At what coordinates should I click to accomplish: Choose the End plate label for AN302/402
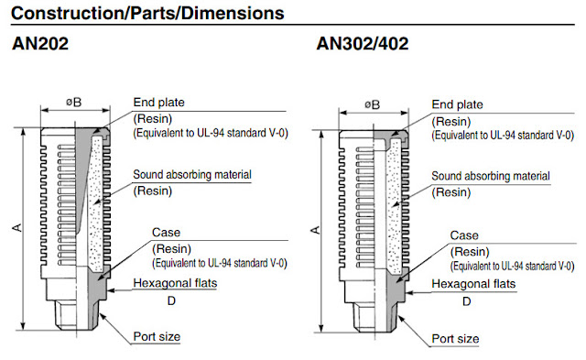457,103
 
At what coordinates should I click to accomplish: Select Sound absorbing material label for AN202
191,174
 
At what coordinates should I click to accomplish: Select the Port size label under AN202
157,336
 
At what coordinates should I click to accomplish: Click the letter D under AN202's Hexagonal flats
170,300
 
